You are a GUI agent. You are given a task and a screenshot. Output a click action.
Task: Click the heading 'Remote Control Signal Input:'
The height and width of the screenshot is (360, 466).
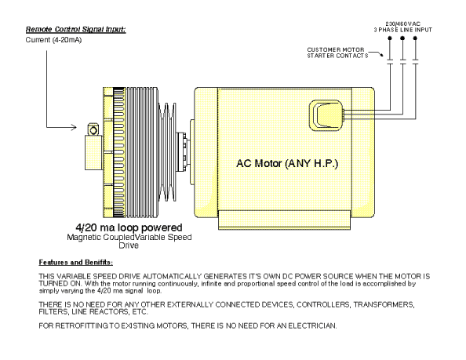[x=76, y=29]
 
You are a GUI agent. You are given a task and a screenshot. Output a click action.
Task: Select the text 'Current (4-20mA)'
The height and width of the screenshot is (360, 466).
[x=53, y=40]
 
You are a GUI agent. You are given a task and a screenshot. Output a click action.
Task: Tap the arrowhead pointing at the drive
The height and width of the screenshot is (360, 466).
[x=74, y=127]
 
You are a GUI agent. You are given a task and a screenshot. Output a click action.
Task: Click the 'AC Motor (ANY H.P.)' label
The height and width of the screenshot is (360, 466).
[x=287, y=163]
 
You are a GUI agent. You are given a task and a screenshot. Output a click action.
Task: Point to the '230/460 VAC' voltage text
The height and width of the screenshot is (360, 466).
[x=402, y=24]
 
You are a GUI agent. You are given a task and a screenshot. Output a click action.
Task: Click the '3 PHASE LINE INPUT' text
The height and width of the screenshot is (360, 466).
[x=402, y=30]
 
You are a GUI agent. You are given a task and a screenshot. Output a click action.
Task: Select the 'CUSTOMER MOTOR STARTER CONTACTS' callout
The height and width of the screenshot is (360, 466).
[x=337, y=53]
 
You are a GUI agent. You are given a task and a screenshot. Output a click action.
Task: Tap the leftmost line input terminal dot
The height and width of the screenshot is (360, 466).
[x=390, y=38]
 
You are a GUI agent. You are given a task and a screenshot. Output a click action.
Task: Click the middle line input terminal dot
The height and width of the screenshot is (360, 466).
[x=402, y=38]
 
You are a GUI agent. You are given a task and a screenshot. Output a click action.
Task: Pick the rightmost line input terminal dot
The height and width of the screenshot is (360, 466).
[x=415, y=38]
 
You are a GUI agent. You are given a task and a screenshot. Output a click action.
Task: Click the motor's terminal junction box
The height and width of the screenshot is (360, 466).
[x=326, y=115]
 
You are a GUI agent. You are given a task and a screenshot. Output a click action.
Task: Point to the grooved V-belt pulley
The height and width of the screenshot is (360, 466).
[x=167, y=152]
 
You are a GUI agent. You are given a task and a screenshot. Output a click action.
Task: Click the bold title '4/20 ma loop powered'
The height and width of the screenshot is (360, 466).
[x=129, y=227]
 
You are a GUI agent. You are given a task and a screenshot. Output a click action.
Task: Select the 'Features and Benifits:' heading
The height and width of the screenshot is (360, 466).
[x=76, y=262]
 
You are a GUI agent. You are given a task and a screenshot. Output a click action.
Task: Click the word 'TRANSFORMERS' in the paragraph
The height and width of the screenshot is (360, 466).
[x=384, y=305]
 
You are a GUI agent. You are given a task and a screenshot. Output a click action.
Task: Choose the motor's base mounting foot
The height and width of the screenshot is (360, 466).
[x=284, y=220]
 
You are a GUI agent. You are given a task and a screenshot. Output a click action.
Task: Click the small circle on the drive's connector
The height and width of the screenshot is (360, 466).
[x=93, y=130]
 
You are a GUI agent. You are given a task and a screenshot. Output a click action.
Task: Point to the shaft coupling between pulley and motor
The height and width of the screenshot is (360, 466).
[x=184, y=152]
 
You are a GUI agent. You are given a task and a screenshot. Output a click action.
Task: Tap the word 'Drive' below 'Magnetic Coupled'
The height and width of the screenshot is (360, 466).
[x=129, y=245]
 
